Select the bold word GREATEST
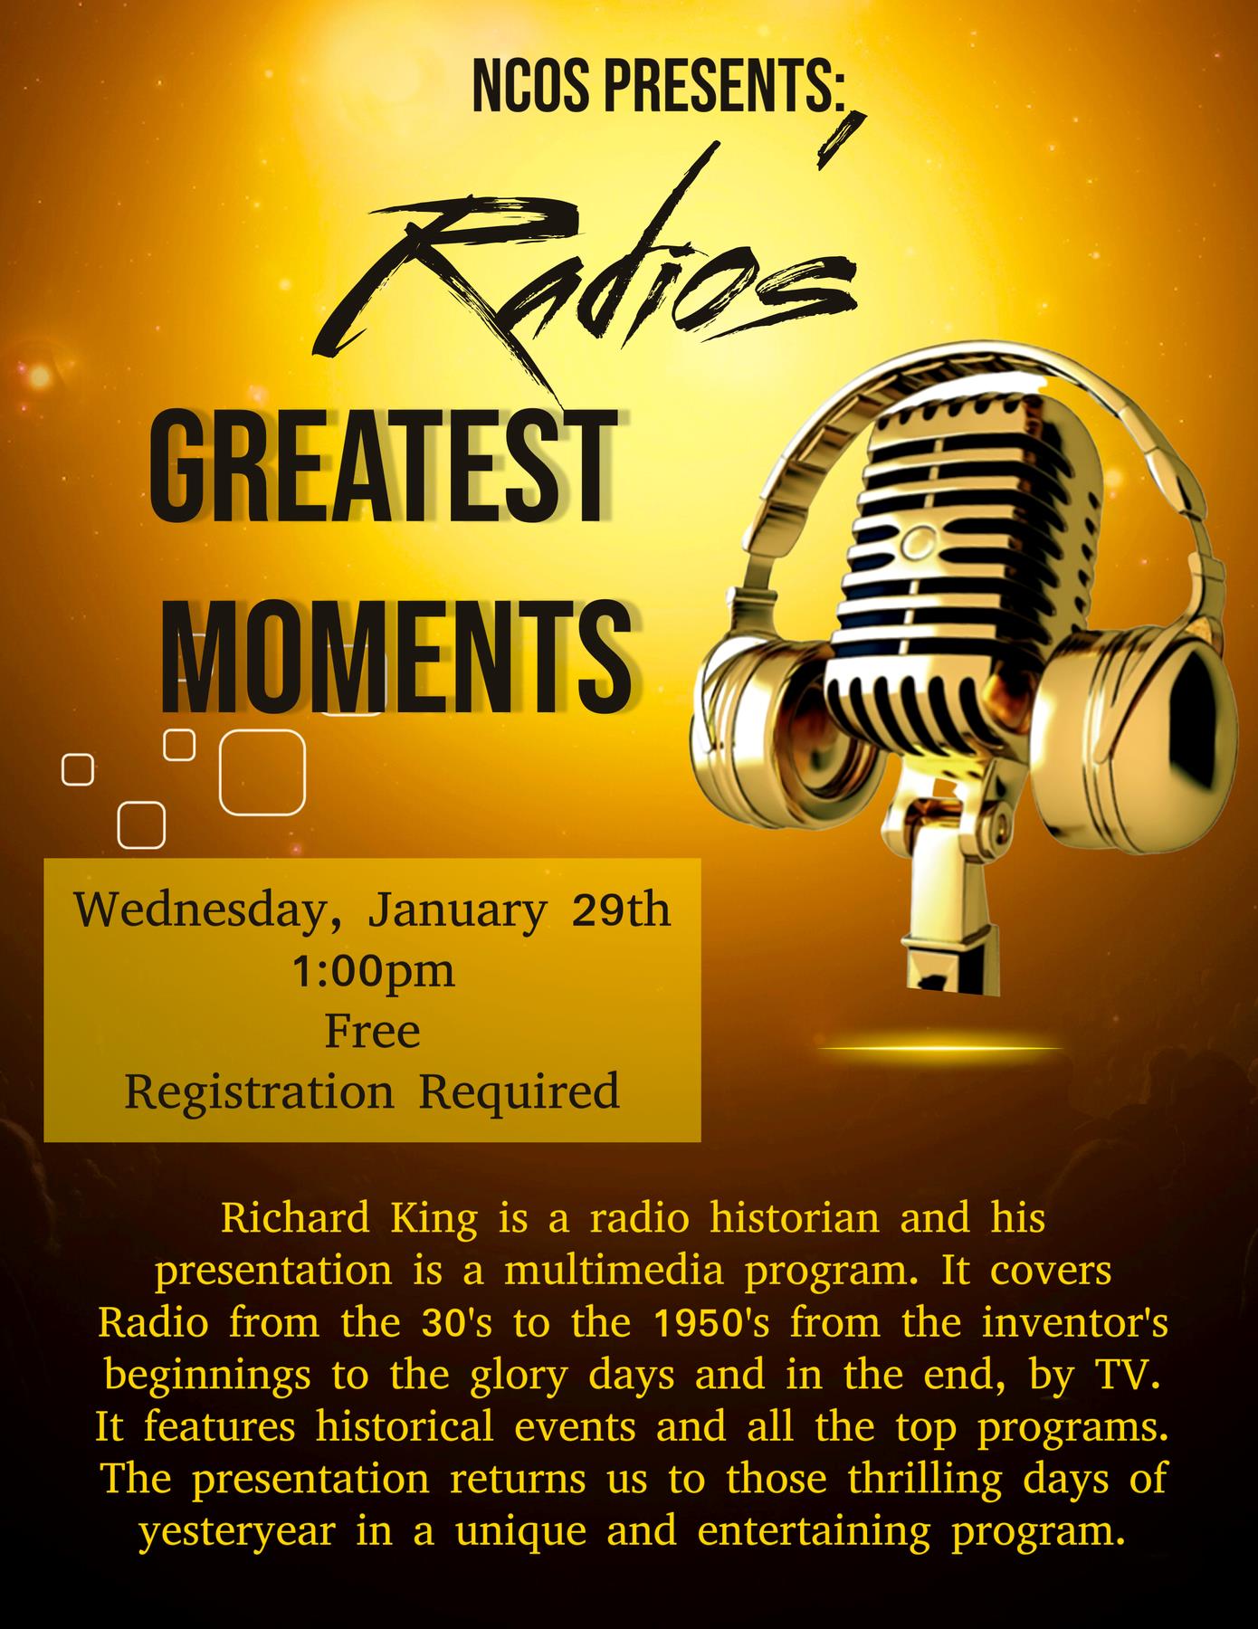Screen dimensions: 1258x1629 coord(377,469)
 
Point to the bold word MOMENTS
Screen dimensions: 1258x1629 coord(395,651)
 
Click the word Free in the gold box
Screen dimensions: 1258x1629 coord(373,1031)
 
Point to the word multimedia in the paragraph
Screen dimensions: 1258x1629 coord(615,1271)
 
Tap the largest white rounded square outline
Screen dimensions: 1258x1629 coord(262,772)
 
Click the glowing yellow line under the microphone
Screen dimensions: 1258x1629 coord(939,1048)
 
